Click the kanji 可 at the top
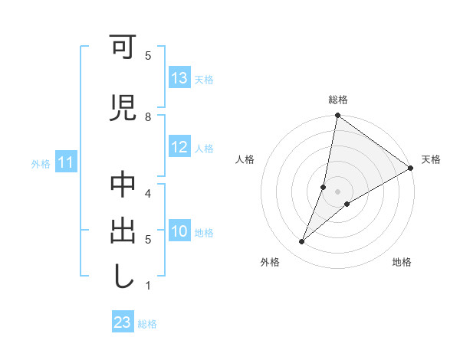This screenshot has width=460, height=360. tap(123, 50)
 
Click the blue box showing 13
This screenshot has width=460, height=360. tap(179, 78)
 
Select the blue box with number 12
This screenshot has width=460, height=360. tap(179, 148)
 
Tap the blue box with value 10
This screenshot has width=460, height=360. tap(179, 232)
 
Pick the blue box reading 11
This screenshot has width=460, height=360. tap(66, 162)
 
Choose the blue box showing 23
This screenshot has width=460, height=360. tap(123, 322)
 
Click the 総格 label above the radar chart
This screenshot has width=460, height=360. tap(338, 100)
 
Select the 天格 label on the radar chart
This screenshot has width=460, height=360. tap(431, 159)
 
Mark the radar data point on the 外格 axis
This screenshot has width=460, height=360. tap(302, 242)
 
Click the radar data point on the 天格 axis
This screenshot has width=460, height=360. tap(411, 169)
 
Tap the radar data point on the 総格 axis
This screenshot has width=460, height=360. tap(337, 116)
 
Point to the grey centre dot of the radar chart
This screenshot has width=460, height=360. tap(337, 191)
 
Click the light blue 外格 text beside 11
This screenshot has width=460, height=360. tap(40, 163)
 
